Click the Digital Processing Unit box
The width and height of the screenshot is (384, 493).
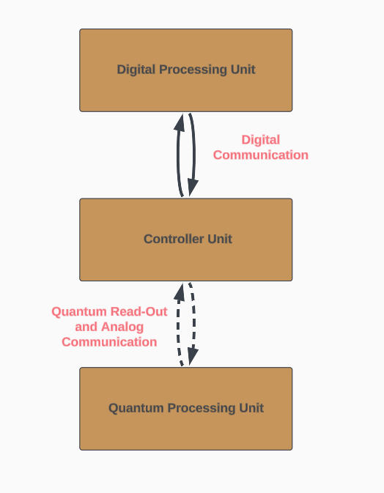(186, 70)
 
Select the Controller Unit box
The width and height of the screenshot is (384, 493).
(186, 240)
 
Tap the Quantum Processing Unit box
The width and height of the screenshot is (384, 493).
(186, 409)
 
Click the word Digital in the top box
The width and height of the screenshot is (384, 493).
(137, 70)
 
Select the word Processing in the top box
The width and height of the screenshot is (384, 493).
(193, 70)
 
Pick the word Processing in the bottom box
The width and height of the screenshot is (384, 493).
(202, 409)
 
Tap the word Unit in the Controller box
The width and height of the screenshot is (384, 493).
(220, 239)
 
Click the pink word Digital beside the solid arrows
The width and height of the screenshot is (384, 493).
(261, 140)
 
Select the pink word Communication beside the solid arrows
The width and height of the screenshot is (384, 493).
(261, 155)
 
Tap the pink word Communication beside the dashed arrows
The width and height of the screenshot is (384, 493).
(109, 342)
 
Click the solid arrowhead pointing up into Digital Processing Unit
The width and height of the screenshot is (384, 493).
(180, 122)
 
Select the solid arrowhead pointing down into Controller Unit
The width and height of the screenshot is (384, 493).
(193, 188)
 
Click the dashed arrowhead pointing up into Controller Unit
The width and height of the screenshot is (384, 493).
(180, 292)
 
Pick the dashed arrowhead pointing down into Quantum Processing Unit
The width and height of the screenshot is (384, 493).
(193, 357)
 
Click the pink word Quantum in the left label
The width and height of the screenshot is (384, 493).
(79, 311)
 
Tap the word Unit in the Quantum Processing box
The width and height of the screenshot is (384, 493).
(251, 408)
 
